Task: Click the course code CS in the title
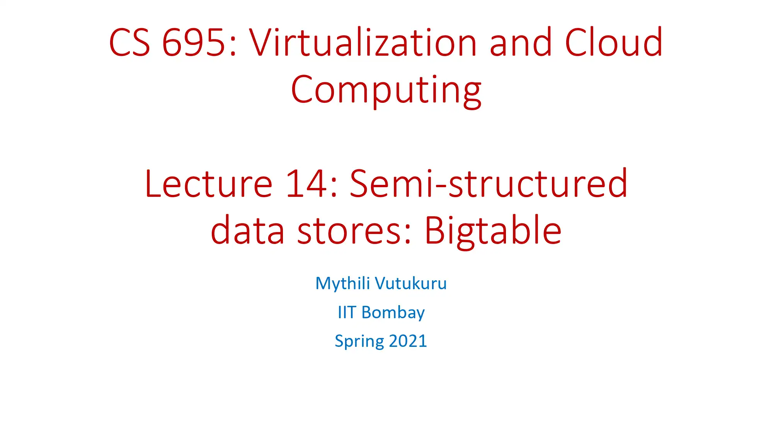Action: [129, 43]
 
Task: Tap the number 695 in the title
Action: [193, 43]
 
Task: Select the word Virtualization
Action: [363, 43]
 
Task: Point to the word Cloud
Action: [614, 43]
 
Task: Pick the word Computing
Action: [386, 90]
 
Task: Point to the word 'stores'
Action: [349, 231]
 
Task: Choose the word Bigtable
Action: [493, 231]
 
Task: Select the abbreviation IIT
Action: [347, 312]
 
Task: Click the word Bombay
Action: [393, 312]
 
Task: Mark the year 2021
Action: [408, 341]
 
